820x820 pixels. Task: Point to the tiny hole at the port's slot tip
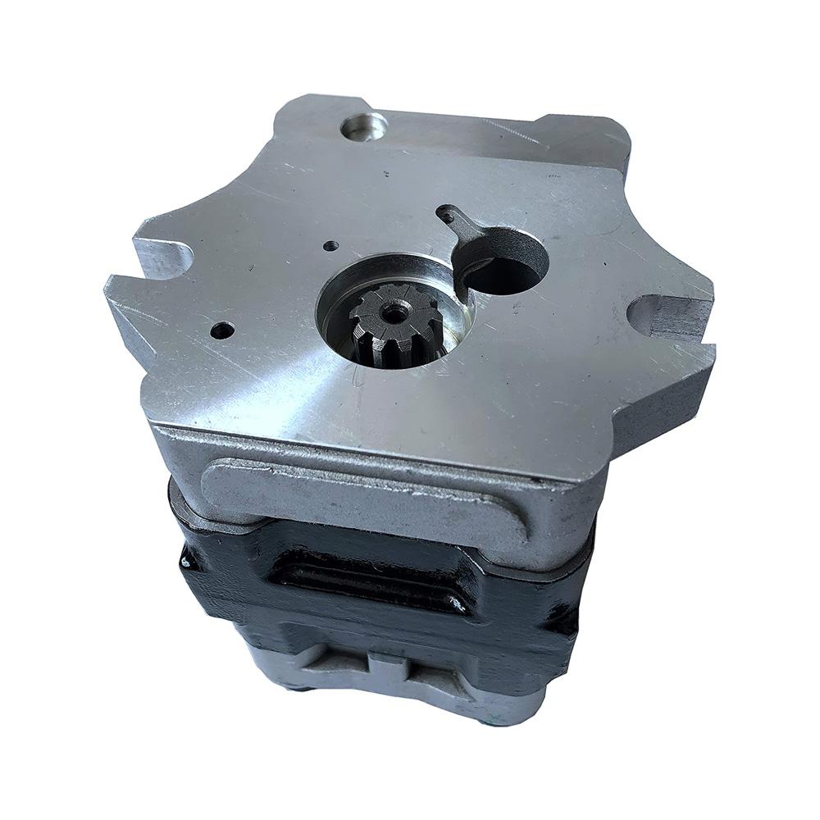444,216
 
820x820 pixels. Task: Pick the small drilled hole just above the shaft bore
330,245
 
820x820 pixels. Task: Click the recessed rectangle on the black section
369,578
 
